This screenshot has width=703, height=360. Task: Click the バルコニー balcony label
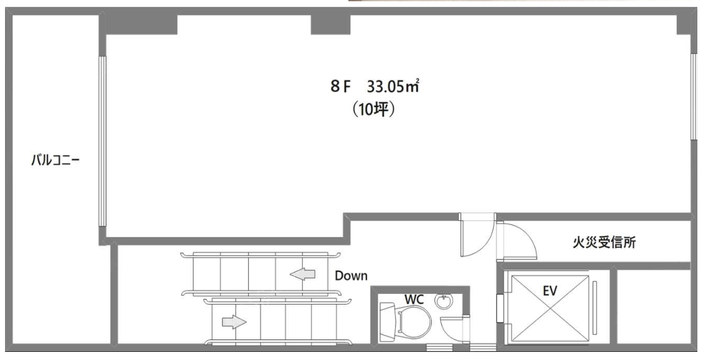(55, 160)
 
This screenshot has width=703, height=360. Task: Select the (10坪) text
(373, 110)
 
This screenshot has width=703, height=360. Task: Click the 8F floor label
(340, 86)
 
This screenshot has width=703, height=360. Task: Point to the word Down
(351, 276)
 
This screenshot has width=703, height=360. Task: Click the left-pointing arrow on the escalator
(303, 273)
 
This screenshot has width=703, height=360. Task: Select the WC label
(414, 299)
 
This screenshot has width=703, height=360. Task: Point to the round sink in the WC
(444, 301)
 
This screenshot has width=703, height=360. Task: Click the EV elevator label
(550, 291)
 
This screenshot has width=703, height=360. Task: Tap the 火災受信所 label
(604, 242)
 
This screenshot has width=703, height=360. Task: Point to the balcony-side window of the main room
(102, 141)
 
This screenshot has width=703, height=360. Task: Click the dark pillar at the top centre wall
(330, 25)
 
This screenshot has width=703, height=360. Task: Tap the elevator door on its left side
(500, 308)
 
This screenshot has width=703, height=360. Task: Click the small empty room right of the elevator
(654, 306)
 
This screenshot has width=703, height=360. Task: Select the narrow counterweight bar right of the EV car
(595, 308)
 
